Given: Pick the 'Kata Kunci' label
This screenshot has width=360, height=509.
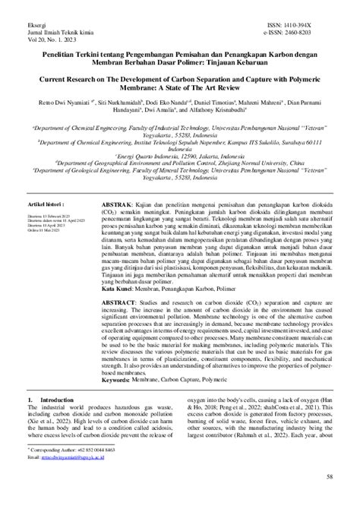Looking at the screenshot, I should tap(121, 310).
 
